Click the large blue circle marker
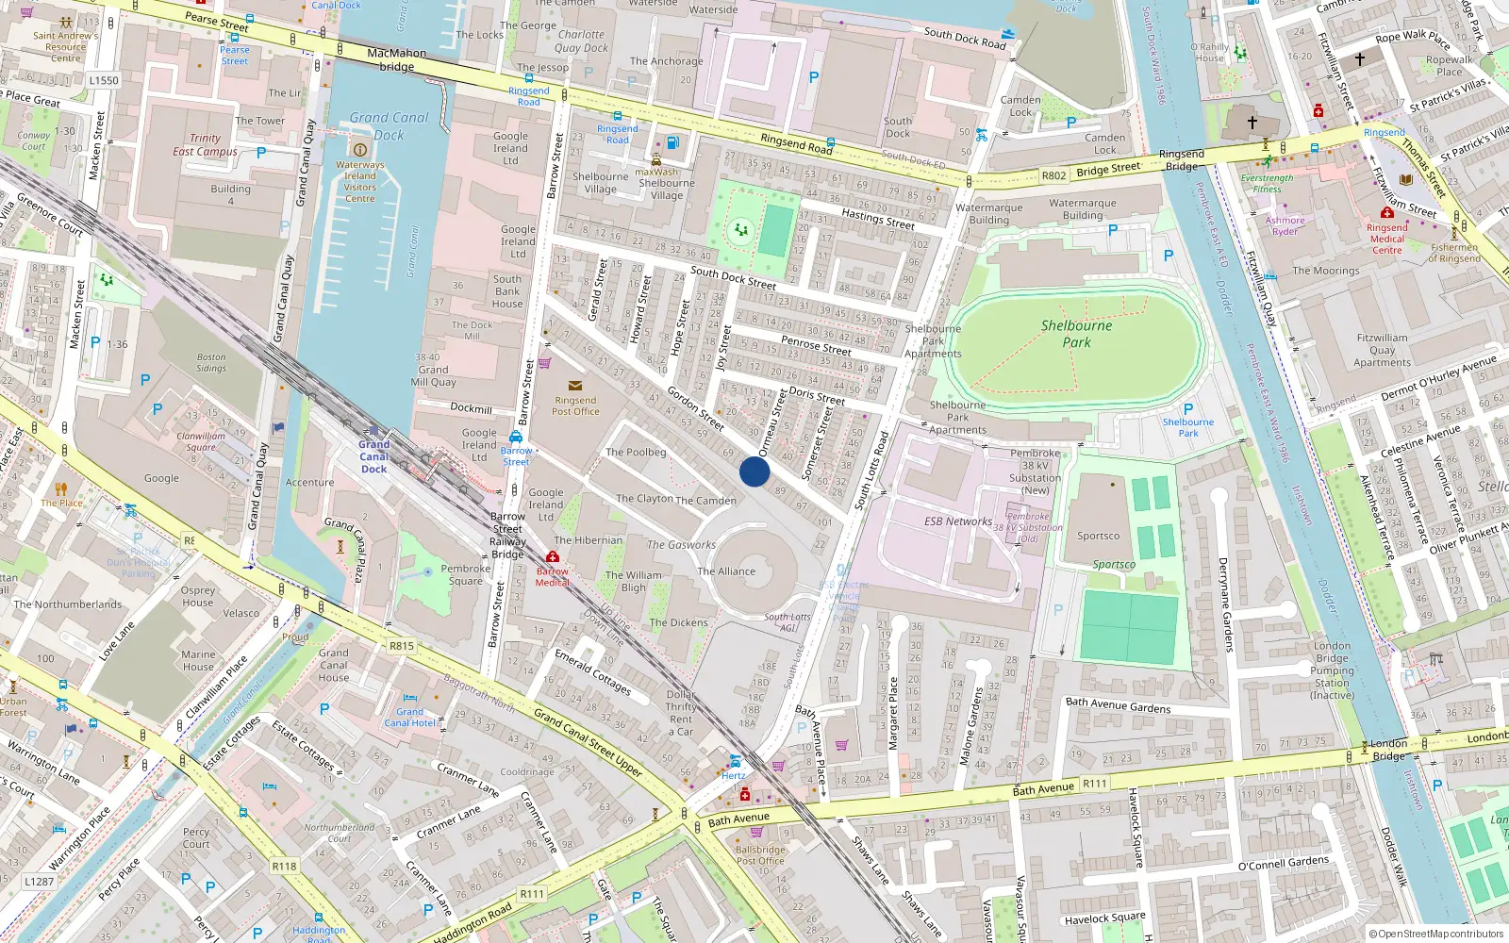pyautogui.click(x=754, y=471)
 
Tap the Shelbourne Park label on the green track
pyautogui.click(x=1076, y=334)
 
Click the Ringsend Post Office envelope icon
pyautogui.click(x=575, y=386)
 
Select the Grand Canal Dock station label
pyautogui.click(x=373, y=456)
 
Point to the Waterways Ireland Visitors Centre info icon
pyautogui.click(x=359, y=150)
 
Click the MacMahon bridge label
pyautogui.click(x=396, y=60)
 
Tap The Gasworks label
pyautogui.click(x=681, y=545)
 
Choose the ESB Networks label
pyautogui.click(x=957, y=521)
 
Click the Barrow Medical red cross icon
pyautogui.click(x=553, y=557)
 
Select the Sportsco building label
pyautogui.click(x=1098, y=536)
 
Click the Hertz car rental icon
pyautogui.click(x=734, y=762)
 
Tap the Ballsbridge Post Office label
pyautogui.click(x=759, y=854)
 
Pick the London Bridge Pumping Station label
pyautogui.click(x=1332, y=670)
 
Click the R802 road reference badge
pyautogui.click(x=1053, y=175)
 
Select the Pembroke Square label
pyautogui.click(x=465, y=574)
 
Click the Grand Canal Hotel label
pyautogui.click(x=409, y=718)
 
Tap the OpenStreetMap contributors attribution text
pyautogui.click(x=1435, y=934)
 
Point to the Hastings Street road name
pyautogui.click(x=877, y=219)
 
